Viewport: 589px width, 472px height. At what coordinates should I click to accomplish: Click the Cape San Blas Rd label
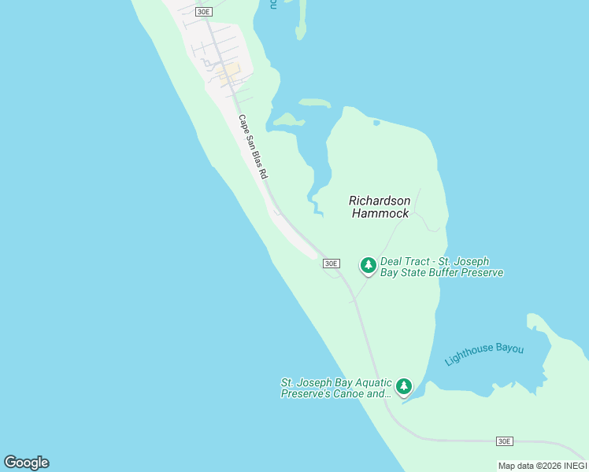tap(254, 147)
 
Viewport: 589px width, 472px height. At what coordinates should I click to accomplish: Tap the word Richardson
tap(380, 201)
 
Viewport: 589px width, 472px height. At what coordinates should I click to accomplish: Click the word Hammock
tap(380, 213)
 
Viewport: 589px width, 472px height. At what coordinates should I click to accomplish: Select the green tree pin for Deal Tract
tap(368, 266)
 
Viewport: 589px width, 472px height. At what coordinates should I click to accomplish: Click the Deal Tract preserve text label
tap(441, 267)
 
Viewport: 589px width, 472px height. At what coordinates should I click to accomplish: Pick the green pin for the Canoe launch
tap(404, 386)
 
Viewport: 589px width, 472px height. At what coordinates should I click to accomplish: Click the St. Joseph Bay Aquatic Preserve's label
tap(336, 383)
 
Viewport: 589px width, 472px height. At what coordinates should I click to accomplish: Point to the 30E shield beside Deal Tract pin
tap(332, 264)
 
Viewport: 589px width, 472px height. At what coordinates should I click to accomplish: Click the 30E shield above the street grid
tap(204, 12)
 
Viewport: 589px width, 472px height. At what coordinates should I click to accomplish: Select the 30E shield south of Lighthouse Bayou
tap(505, 441)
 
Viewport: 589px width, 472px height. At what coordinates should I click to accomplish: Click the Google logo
tap(26, 463)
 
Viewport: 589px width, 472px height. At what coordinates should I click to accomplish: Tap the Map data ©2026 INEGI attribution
tap(543, 466)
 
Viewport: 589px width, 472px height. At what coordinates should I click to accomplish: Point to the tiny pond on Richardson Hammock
tap(376, 123)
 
